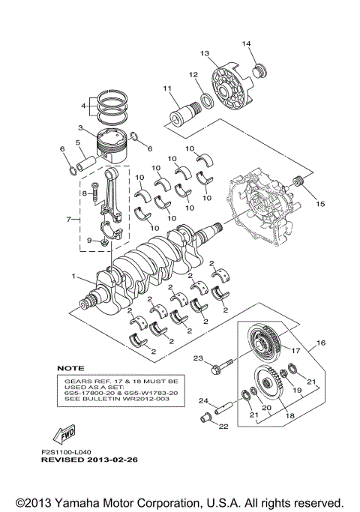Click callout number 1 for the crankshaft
73,276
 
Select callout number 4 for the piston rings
84,106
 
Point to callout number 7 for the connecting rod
69,220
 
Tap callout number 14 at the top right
244,43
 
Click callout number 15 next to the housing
320,203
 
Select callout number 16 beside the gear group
320,342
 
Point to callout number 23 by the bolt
199,358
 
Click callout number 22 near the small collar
222,427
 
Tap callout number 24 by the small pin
202,401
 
